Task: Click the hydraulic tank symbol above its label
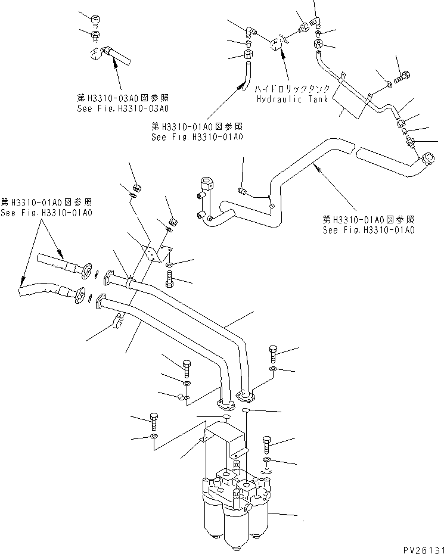pyautogui.click(x=278, y=46)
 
